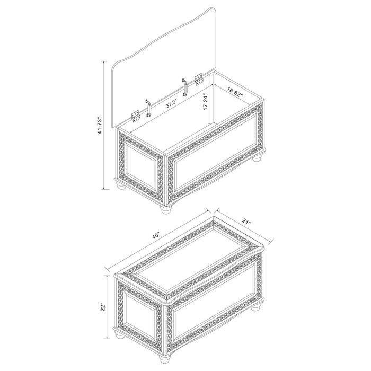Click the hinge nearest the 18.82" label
pyautogui.click(x=199, y=79)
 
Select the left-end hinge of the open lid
pyautogui.click(x=136, y=114)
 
